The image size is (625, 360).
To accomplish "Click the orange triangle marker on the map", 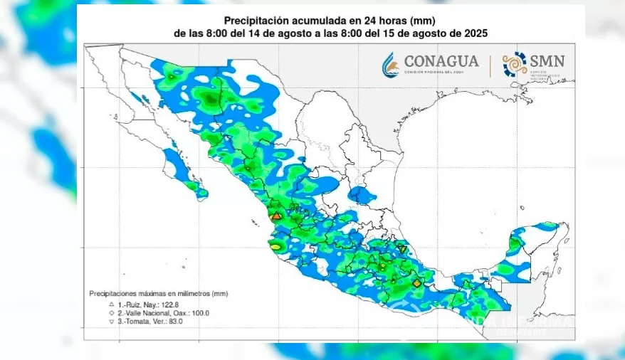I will [x=277, y=215].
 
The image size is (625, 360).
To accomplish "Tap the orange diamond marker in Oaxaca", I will [x=416, y=282].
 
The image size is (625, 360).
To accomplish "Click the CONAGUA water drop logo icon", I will [x=390, y=64].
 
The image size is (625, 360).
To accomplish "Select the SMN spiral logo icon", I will [x=515, y=64].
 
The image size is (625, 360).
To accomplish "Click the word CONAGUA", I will [x=441, y=61].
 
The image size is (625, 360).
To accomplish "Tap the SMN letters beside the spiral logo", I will [x=547, y=60].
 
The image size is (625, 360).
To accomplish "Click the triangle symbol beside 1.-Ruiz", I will [x=111, y=304].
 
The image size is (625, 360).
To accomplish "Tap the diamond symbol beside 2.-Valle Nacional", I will [x=111, y=313].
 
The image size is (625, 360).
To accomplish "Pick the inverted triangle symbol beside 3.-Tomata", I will [x=111, y=322].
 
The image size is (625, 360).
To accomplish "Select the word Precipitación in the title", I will [x=253, y=20].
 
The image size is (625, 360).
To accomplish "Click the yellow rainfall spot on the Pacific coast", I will [x=275, y=246].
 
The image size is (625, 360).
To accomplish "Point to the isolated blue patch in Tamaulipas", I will [x=362, y=194].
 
